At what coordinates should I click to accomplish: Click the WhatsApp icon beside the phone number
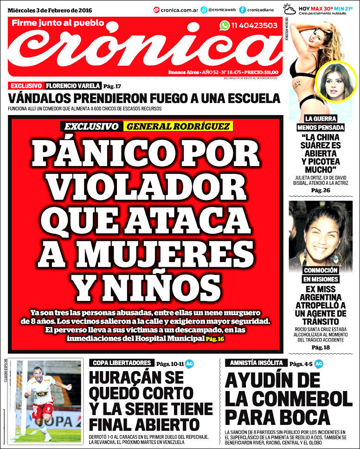225,26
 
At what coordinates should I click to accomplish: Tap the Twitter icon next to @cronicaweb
204,10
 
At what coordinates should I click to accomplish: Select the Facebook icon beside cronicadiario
243,10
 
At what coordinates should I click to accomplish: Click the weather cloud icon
290,9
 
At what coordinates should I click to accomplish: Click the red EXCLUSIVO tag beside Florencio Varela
26,86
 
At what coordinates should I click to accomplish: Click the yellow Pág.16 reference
214,339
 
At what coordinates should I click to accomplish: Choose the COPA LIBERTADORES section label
121,363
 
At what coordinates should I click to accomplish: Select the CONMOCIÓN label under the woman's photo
321,270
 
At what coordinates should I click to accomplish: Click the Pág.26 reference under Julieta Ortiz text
320,190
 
